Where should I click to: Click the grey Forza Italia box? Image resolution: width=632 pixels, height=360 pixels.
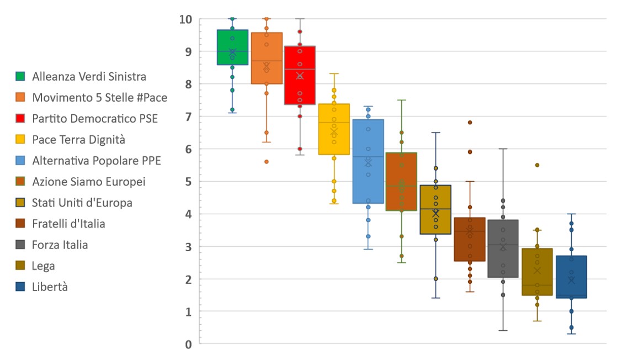(x=503, y=248)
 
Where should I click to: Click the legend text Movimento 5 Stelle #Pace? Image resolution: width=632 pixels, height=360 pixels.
(x=99, y=98)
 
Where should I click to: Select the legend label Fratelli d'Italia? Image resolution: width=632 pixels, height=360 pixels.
(x=68, y=224)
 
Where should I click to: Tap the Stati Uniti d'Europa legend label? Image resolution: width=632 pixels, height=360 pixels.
(x=82, y=203)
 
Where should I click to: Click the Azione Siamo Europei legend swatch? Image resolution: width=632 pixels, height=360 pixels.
(x=20, y=182)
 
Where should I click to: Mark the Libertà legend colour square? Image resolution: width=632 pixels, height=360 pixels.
(x=20, y=287)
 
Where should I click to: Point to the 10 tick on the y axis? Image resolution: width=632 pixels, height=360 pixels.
(x=185, y=19)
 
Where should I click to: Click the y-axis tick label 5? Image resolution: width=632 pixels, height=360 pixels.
(x=189, y=182)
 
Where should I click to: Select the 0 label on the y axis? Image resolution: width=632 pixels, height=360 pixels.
(x=189, y=344)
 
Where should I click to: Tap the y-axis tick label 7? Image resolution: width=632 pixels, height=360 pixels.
(x=189, y=117)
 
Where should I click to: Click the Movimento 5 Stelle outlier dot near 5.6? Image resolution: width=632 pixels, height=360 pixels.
(x=267, y=162)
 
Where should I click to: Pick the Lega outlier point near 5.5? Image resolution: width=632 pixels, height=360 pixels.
(x=537, y=165)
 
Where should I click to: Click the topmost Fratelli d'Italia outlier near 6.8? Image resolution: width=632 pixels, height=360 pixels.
(x=470, y=123)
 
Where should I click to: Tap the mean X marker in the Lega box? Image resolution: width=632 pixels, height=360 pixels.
(x=537, y=270)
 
